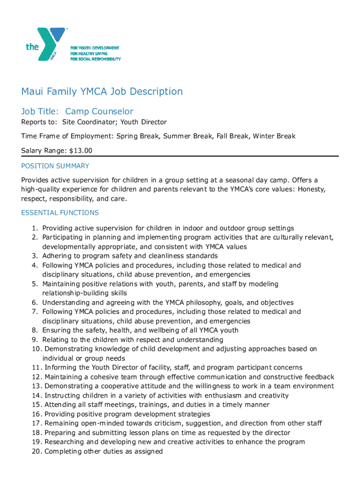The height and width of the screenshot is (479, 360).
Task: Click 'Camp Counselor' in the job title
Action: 99,111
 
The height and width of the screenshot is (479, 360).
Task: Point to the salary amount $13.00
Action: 80,150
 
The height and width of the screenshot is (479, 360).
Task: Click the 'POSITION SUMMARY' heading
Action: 55,166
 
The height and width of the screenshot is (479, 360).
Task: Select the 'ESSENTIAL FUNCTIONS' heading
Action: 60,213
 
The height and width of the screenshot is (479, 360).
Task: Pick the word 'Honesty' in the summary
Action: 312,189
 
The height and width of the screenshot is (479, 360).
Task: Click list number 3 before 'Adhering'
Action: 35,256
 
